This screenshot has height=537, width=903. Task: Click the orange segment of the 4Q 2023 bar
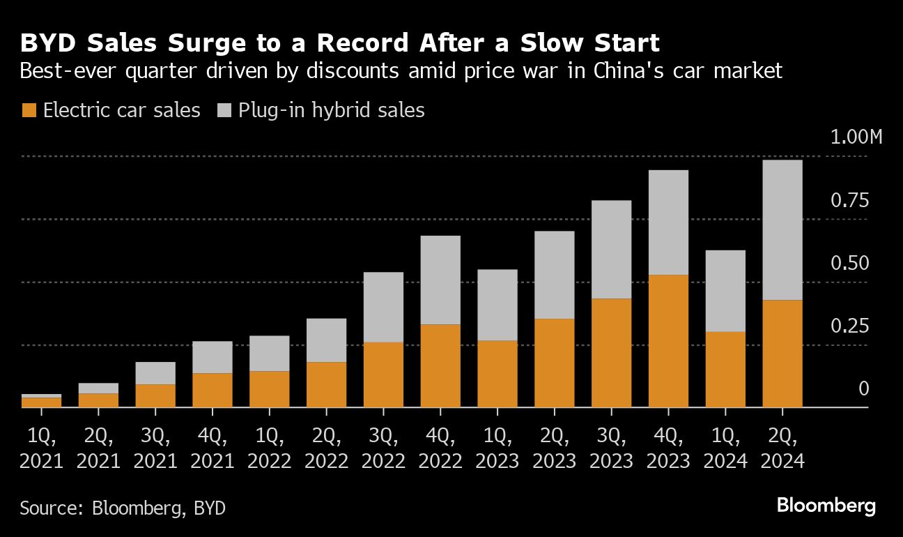[x=668, y=340]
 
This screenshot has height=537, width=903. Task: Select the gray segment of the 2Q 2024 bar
[x=782, y=230]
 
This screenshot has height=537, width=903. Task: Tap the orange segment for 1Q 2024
[x=725, y=369]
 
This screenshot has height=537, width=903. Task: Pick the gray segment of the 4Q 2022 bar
[x=440, y=280]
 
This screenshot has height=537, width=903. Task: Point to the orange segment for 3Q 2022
[x=383, y=375]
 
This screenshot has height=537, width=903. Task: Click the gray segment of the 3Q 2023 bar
[x=611, y=249]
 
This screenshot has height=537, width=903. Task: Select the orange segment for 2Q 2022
[x=326, y=384]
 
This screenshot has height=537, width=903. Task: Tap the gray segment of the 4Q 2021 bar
[x=213, y=357]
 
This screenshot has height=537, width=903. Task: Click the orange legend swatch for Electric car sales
[x=29, y=110]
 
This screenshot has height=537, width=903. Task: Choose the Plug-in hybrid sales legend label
[x=331, y=110]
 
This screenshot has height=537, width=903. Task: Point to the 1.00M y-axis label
[x=856, y=137]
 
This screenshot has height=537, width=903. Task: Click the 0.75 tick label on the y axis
[x=850, y=201]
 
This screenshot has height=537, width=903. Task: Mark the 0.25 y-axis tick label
[x=850, y=326]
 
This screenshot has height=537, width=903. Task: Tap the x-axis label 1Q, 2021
[x=41, y=448]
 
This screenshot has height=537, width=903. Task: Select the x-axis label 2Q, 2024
[x=782, y=448]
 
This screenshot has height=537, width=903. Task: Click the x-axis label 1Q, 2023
[x=497, y=448]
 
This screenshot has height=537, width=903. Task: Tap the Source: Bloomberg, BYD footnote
[x=123, y=507]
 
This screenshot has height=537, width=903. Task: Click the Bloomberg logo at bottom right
[x=826, y=506]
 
